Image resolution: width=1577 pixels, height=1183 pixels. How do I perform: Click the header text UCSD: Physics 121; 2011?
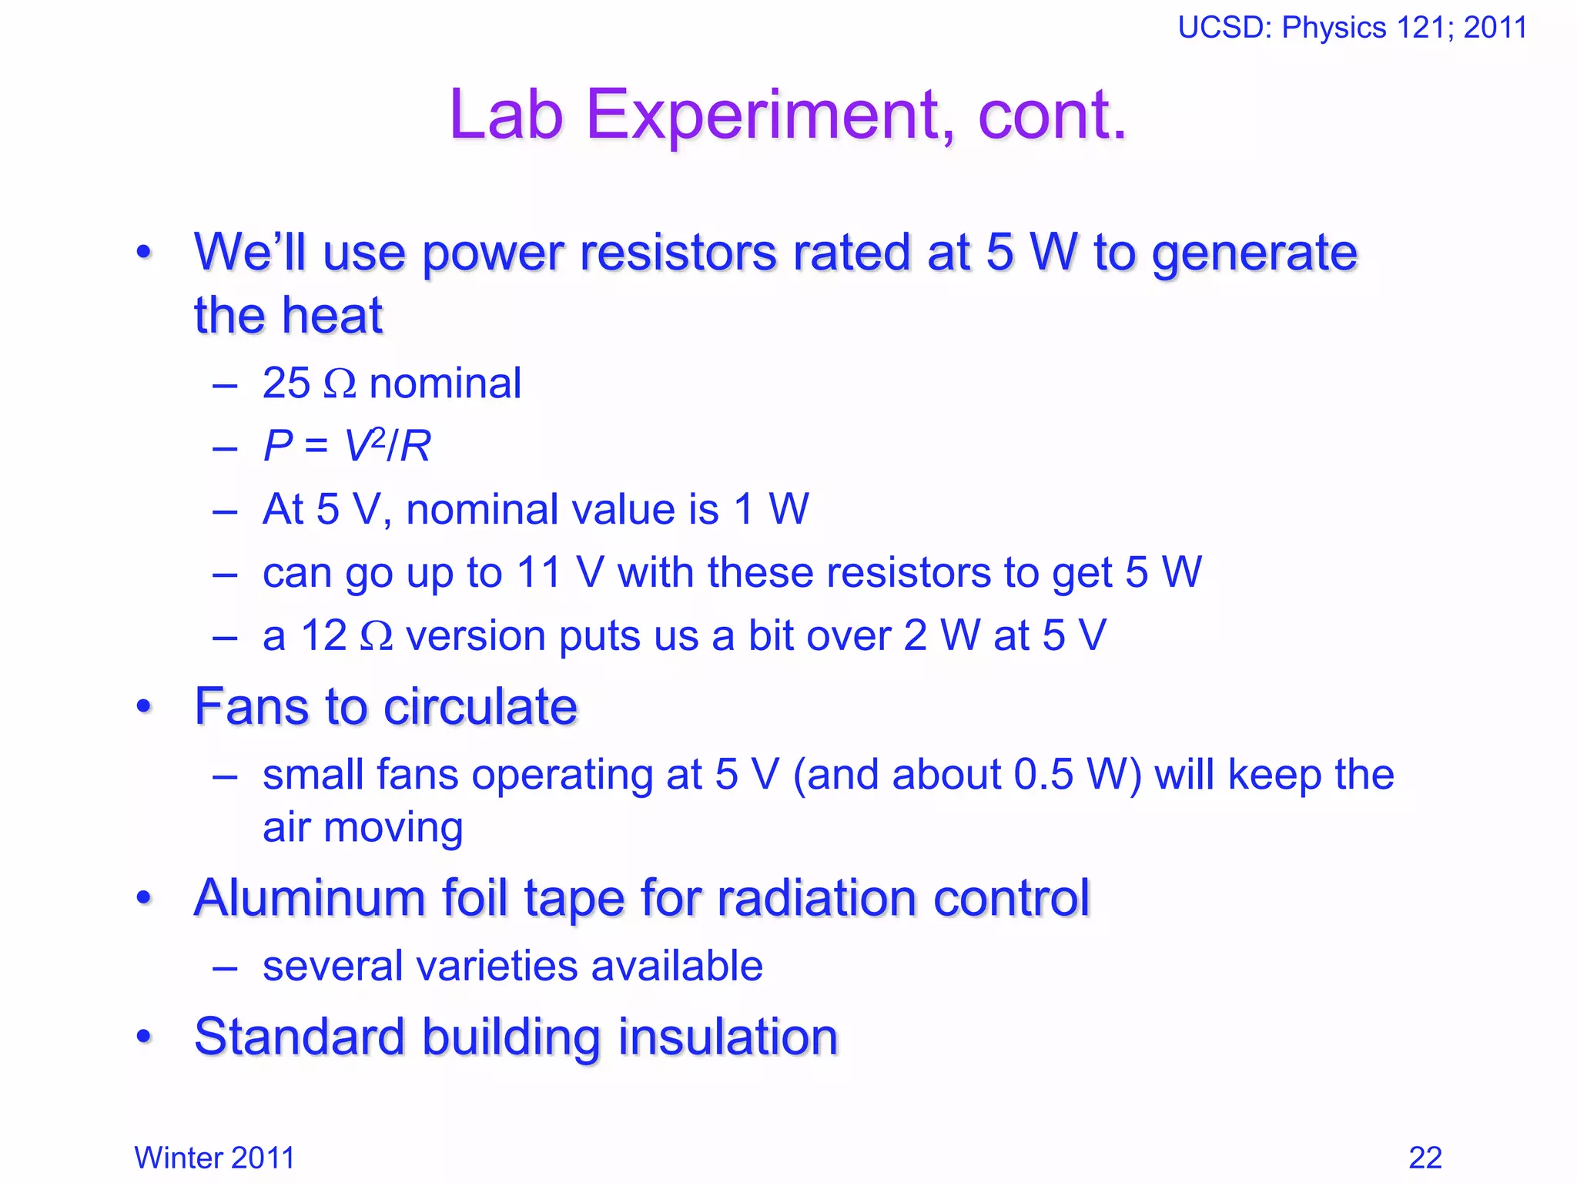point(1352,28)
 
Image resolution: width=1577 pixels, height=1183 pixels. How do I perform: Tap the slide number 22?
point(1425,1158)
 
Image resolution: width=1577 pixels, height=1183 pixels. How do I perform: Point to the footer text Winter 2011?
point(214,1158)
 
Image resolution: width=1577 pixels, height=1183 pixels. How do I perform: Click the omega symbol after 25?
point(340,384)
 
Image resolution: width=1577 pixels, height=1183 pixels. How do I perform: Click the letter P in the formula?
point(278,446)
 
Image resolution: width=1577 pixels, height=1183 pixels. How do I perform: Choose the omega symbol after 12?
point(377,636)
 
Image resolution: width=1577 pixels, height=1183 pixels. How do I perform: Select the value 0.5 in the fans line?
point(1043,775)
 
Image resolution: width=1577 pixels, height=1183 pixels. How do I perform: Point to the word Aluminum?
point(309,898)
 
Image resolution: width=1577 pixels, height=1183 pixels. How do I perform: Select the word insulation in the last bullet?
point(728,1037)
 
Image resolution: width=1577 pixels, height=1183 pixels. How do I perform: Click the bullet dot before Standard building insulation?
point(144,1037)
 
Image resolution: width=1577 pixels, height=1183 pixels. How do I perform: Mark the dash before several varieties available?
point(224,968)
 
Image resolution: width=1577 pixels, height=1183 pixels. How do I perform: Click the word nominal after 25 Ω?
point(445,384)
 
